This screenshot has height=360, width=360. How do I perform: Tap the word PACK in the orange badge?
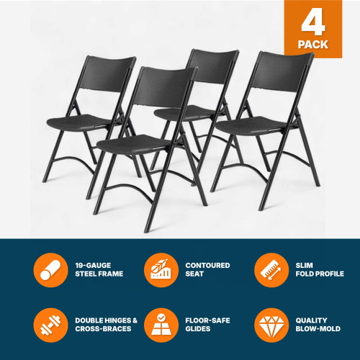pos(312,45)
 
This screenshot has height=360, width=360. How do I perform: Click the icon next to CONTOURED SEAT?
pos(158,270)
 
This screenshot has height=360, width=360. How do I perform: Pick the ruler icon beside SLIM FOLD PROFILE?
pos(269,270)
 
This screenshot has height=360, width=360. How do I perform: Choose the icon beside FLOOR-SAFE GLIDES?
pos(158,325)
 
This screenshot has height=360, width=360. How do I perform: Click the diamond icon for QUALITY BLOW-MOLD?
pos(269,325)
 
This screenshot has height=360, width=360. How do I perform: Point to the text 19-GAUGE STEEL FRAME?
pos(99,270)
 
